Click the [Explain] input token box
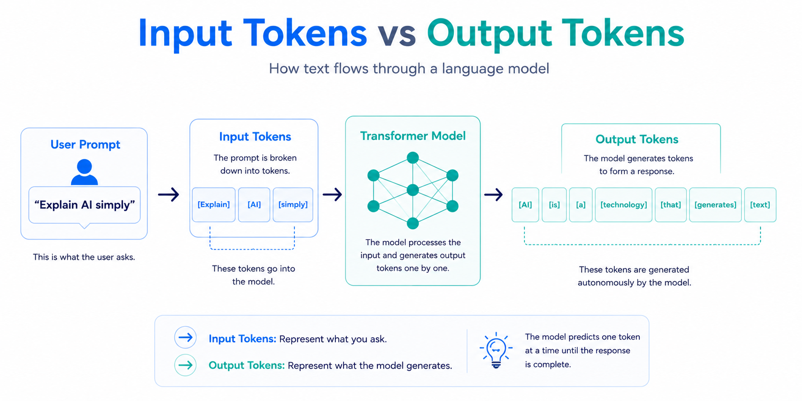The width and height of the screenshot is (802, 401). tap(214, 205)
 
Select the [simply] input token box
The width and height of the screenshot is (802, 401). tap(293, 205)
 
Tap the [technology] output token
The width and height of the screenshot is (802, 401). tap(623, 205)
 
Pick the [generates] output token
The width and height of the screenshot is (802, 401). tap(715, 205)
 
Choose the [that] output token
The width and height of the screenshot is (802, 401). tap(670, 205)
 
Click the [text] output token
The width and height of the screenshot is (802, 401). tap(760, 205)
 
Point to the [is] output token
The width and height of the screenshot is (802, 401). tap(554, 205)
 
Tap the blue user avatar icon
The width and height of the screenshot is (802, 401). tap(85, 172)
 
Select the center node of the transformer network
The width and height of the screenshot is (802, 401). tap(413, 190)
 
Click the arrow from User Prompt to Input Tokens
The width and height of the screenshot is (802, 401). tap(169, 195)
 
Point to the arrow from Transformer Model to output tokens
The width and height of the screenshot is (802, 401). tap(494, 195)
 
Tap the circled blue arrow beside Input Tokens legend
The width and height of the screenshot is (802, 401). tap(185, 337)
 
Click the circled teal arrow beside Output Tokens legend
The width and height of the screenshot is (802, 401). tap(185, 365)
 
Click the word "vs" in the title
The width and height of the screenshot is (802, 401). tap(397, 34)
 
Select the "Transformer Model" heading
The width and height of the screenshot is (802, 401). tap(413, 136)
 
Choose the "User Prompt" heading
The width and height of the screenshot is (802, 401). tap(85, 145)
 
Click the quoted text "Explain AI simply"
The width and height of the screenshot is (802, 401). tap(85, 205)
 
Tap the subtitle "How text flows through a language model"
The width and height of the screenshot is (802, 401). tap(409, 69)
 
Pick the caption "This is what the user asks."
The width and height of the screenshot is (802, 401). tap(84, 257)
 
